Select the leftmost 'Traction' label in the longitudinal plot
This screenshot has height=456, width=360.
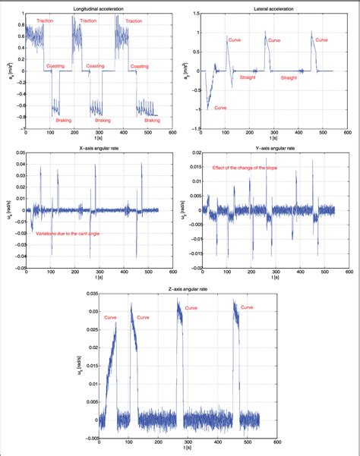point(45,20)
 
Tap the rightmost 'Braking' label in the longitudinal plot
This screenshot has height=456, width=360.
point(152,119)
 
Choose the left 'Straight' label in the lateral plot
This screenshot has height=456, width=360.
point(248,77)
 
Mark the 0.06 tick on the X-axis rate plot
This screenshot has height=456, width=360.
point(21,153)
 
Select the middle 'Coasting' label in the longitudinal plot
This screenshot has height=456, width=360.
point(99,67)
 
